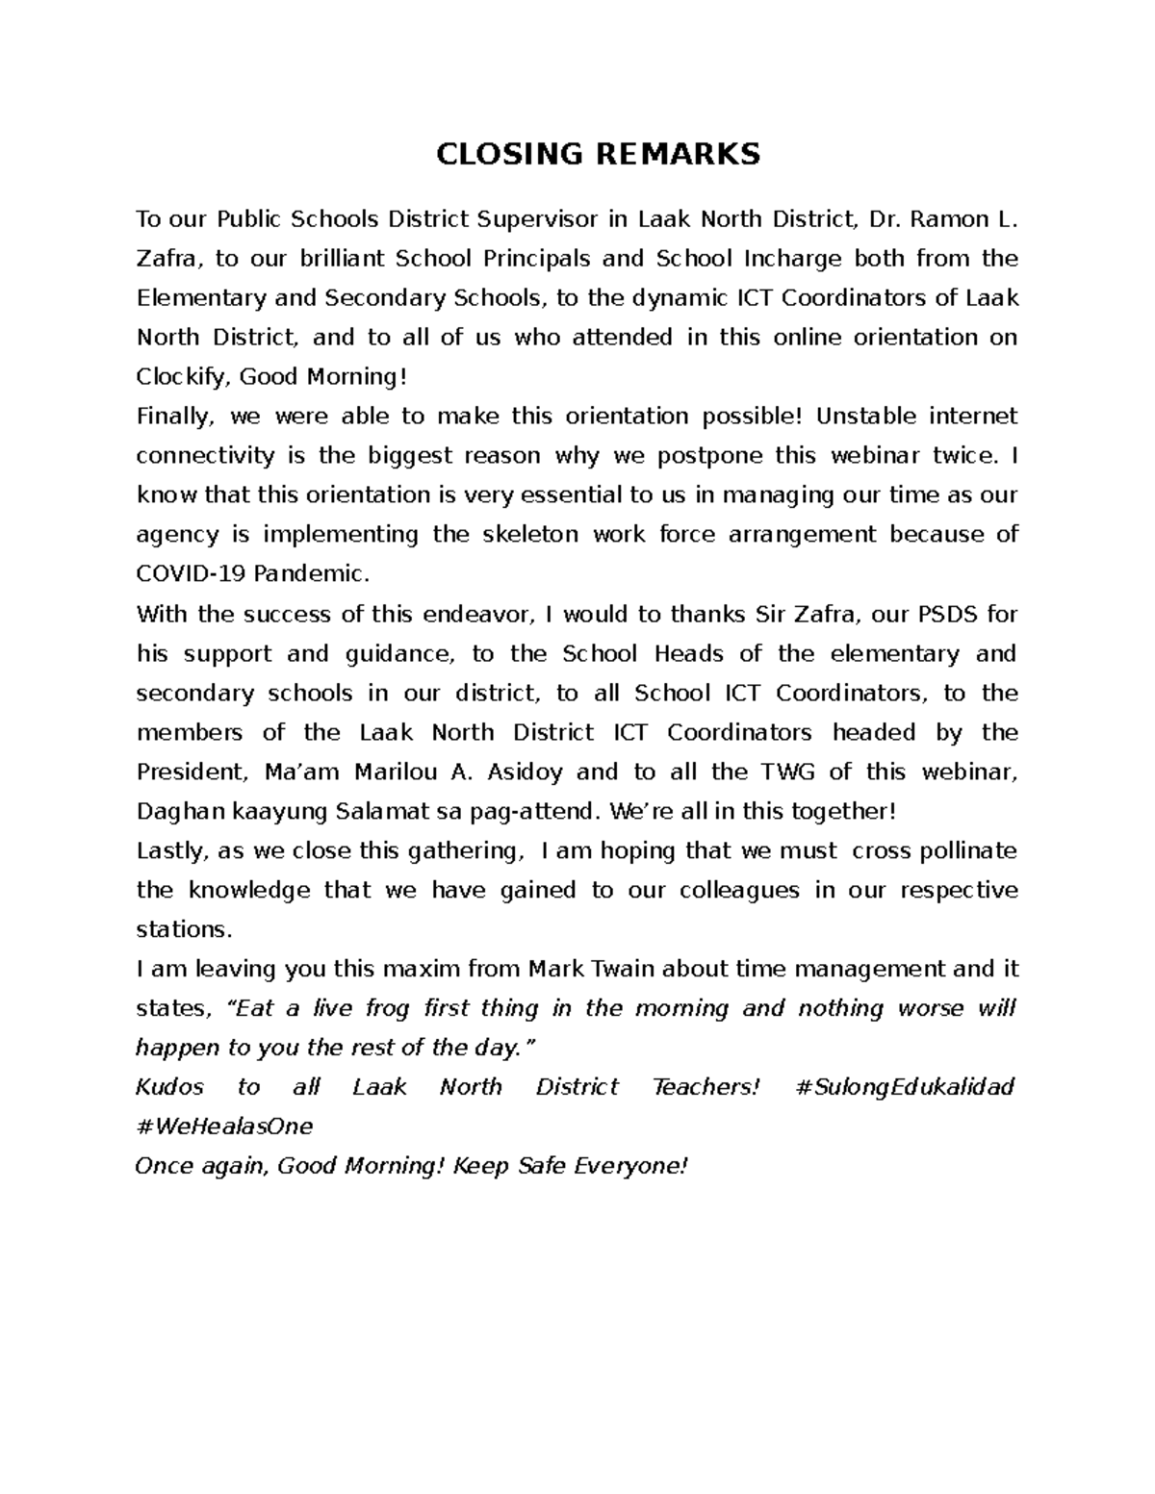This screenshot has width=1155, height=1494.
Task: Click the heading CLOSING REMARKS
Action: [x=598, y=154]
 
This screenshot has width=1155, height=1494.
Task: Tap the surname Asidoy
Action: [x=526, y=772]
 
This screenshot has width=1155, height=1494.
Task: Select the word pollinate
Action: [x=968, y=850]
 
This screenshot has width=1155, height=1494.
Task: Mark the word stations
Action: [x=184, y=929]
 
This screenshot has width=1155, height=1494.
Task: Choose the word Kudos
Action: [x=169, y=1087]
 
